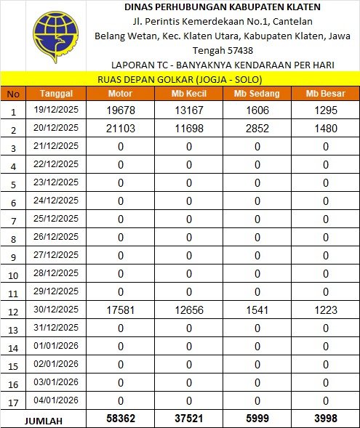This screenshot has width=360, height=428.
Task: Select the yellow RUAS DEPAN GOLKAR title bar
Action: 179,79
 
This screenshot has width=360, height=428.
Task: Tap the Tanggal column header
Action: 56,94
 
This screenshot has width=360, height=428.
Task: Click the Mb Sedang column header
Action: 257,94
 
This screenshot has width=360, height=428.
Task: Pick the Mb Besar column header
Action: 325,94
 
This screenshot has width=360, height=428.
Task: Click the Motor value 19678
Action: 121,110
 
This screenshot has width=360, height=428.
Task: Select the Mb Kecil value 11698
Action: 188,129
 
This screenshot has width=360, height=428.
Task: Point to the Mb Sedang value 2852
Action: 257,129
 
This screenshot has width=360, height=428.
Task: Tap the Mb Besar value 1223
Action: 325,310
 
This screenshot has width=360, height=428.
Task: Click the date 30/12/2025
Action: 56,310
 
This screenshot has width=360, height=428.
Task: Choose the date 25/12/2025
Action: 56,219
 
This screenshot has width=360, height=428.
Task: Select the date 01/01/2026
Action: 56,347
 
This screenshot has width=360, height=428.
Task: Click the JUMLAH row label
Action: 44,421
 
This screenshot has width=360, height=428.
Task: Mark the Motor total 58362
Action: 121,420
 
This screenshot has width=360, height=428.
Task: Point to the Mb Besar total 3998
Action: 325,420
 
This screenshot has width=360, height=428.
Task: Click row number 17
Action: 13,402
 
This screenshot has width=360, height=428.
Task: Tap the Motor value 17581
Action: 121,310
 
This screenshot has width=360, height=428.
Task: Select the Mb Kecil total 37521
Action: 188,420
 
